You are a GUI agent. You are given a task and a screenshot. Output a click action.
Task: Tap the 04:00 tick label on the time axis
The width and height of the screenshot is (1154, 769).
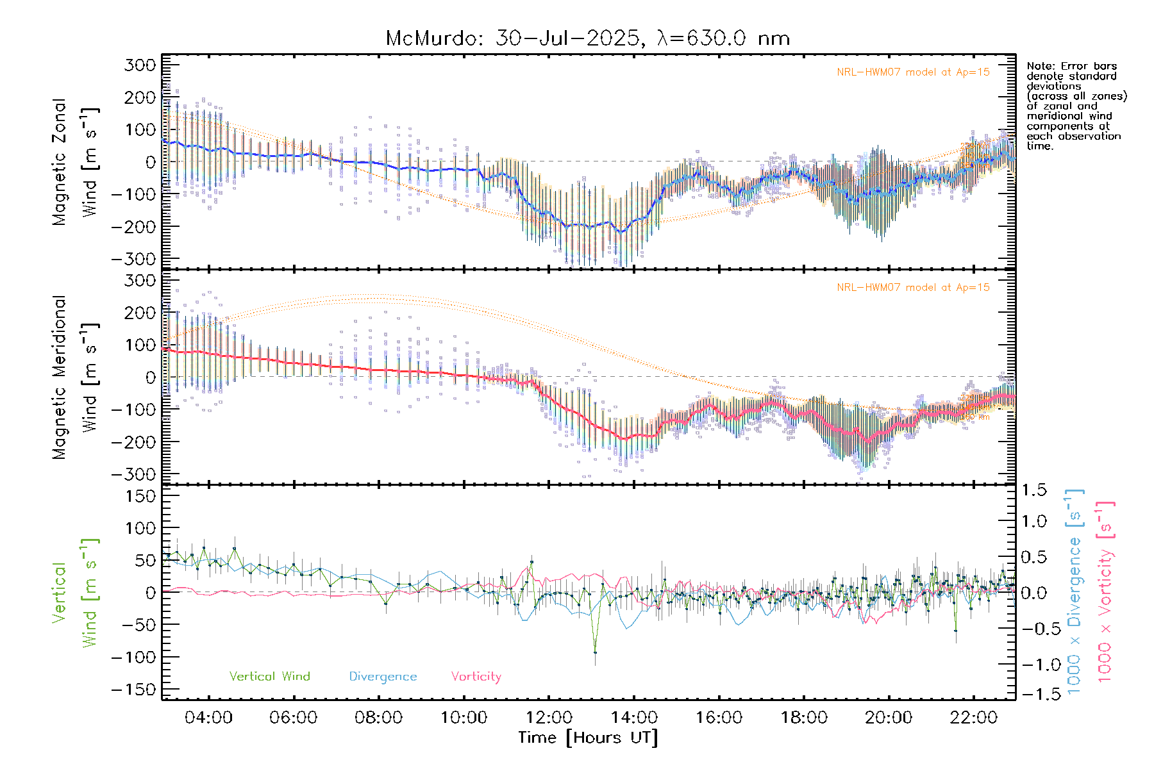pyautogui.click(x=208, y=717)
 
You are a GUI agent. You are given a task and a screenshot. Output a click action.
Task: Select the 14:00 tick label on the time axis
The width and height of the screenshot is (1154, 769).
pyautogui.click(x=633, y=717)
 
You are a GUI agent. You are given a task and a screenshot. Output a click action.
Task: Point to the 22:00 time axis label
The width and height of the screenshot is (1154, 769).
pyautogui.click(x=973, y=717)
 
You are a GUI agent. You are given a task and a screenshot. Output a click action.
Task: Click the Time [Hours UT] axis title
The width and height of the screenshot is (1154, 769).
pyautogui.click(x=588, y=738)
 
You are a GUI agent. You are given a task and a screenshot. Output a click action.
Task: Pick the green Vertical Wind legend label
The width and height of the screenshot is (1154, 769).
pyautogui.click(x=269, y=676)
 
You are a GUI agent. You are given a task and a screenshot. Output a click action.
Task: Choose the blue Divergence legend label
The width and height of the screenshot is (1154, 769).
pyautogui.click(x=383, y=676)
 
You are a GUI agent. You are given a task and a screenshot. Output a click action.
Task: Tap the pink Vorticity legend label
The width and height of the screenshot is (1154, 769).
pyautogui.click(x=476, y=676)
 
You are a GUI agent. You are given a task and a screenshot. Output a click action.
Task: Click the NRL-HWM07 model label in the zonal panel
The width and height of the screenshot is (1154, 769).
pyautogui.click(x=913, y=72)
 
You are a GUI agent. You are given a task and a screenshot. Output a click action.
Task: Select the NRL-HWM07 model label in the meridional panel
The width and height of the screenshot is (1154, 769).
pyautogui.click(x=913, y=288)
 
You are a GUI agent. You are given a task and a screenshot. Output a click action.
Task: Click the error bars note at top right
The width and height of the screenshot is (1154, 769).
pyautogui.click(x=1076, y=106)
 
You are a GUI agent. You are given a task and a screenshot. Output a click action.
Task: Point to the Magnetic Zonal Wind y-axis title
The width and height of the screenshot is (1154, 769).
pyautogui.click(x=76, y=161)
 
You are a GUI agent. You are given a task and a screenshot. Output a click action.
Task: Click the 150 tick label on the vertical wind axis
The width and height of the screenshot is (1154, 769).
pyautogui.click(x=140, y=496)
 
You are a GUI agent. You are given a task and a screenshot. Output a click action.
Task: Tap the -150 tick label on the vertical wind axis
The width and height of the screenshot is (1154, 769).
pyautogui.click(x=133, y=690)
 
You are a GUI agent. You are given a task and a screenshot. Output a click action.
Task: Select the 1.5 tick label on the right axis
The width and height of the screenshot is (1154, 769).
pyautogui.click(x=1033, y=490)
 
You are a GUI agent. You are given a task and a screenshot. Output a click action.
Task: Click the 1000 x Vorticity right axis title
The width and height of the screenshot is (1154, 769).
pyautogui.click(x=1105, y=591)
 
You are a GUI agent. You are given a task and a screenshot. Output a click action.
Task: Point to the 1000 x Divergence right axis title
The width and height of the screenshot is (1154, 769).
pyautogui.click(x=1075, y=591)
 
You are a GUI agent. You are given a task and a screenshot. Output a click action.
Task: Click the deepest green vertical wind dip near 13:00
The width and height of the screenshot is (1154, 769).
pyautogui.click(x=595, y=652)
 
